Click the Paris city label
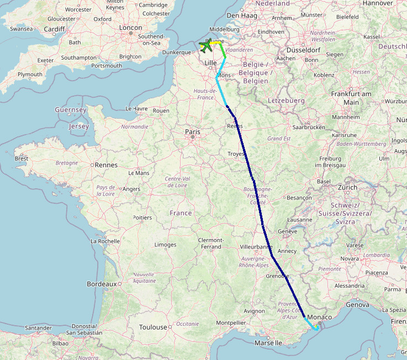tap(193, 132)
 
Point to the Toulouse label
tap(152, 327)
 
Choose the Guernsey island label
tap(71, 110)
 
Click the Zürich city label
tap(348, 188)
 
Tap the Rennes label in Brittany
tap(106, 165)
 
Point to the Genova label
tap(357, 304)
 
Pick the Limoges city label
tap(166, 245)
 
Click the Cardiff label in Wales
tap(55, 29)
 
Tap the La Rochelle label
tap(105, 241)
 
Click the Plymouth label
tap(30, 74)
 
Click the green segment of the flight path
tap(223, 51)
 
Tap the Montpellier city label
tap(230, 322)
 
